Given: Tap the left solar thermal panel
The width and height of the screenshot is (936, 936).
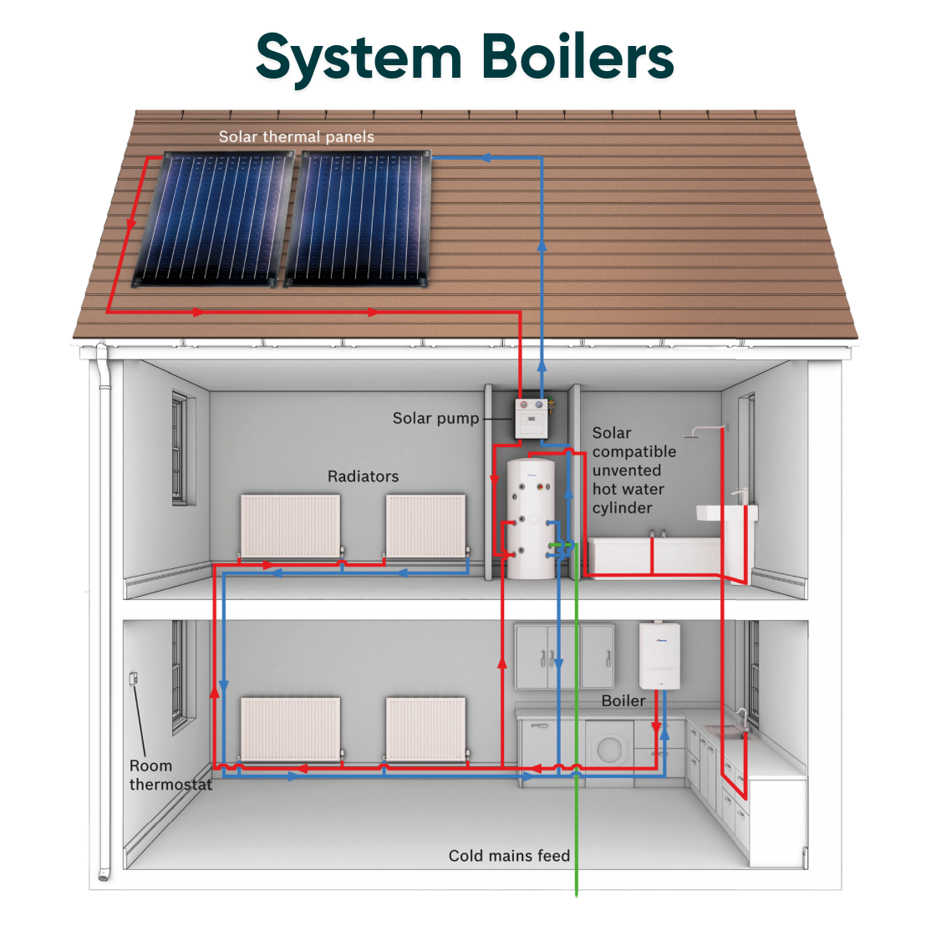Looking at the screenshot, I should pyautogui.click(x=220, y=217).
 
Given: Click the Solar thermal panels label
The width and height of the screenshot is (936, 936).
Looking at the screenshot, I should pyautogui.click(x=296, y=136).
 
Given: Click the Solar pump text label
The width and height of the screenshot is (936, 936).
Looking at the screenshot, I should pyautogui.click(x=435, y=418).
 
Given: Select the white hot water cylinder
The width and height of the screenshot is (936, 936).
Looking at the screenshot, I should pyautogui.click(x=531, y=518).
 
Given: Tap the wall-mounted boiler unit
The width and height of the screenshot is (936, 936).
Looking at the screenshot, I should pyautogui.click(x=659, y=656).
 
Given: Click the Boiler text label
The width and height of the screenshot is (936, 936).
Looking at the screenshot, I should pyautogui.click(x=623, y=700).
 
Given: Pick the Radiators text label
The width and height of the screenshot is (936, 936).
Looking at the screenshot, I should pyautogui.click(x=363, y=476).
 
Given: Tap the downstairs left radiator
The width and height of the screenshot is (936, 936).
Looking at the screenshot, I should pyautogui.click(x=290, y=728).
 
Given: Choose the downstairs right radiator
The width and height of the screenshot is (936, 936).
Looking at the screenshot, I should pyautogui.click(x=425, y=728).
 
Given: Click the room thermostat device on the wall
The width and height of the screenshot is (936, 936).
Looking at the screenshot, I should pyautogui.click(x=133, y=679).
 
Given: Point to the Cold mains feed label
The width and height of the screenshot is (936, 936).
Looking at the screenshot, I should pyautogui.click(x=509, y=856).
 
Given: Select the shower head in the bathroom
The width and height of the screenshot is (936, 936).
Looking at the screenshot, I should pyautogui.click(x=694, y=434).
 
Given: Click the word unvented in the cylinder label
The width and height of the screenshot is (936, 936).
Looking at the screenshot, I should pyautogui.click(x=627, y=471).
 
